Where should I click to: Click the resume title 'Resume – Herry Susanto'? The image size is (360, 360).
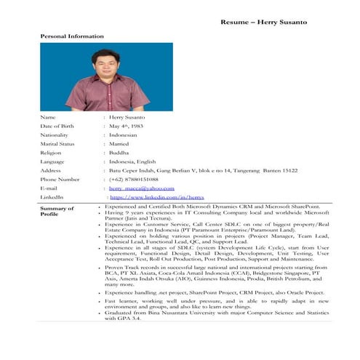pos(263,22)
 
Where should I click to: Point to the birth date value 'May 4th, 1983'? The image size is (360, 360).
pos(128,126)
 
